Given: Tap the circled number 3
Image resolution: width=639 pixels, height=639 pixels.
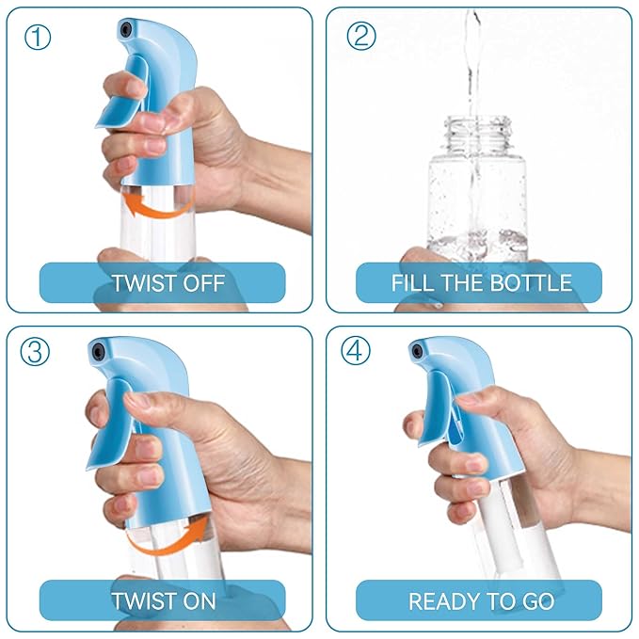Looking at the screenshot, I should click(x=36, y=352).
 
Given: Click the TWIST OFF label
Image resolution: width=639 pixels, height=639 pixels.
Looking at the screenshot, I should click(x=162, y=282).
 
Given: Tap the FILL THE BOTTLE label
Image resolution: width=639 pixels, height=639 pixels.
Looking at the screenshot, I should click(x=480, y=282).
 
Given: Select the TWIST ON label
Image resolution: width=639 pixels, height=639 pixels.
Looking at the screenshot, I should click(x=162, y=599).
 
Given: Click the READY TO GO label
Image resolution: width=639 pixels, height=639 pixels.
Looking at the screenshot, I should click(x=480, y=599).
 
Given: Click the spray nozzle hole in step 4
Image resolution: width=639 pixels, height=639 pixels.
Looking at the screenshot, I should click(x=418, y=351).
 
